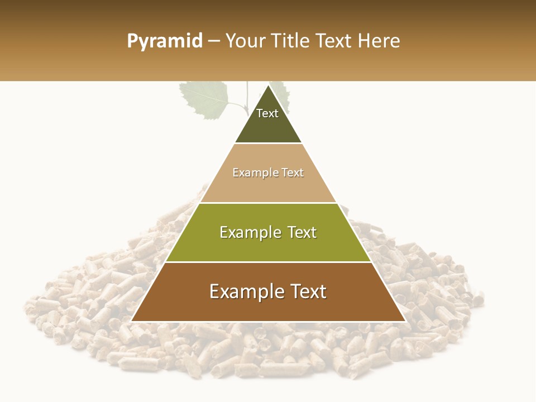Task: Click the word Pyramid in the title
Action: tap(165, 41)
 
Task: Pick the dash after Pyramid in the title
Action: tap(213, 41)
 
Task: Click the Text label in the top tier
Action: tap(267, 113)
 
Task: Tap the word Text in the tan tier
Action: tap(293, 173)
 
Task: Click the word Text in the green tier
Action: tap(302, 232)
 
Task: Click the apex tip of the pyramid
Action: tap(268, 85)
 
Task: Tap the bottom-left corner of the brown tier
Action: tap(132, 321)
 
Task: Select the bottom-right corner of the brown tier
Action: tap(405, 321)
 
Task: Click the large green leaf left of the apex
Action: tap(205, 99)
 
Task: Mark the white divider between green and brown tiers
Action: tap(268, 262)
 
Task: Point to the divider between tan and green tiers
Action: tap(268, 203)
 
